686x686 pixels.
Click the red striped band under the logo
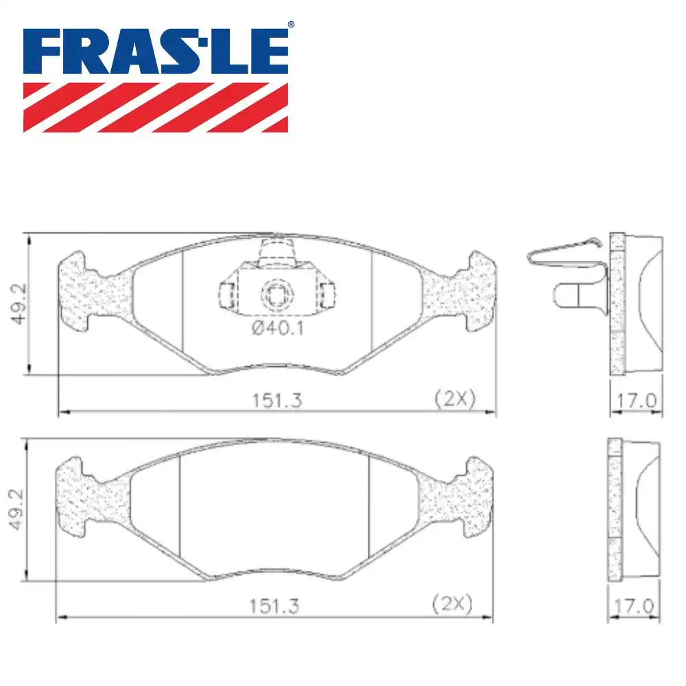tap(156, 107)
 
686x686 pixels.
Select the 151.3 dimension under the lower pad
tap(274, 606)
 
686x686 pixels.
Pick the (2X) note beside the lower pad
tap(452, 604)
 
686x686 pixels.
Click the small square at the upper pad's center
tap(276, 296)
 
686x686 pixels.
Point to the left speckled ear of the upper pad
tap(86, 292)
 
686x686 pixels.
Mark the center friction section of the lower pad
tap(274, 508)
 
